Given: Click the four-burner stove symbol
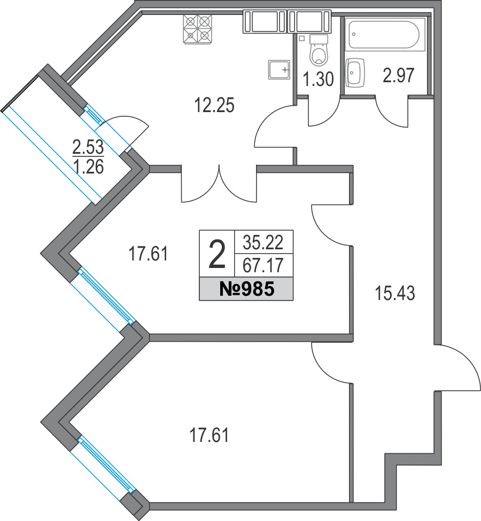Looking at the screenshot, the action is click(x=197, y=29).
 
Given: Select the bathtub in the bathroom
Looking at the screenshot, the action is click(x=385, y=35).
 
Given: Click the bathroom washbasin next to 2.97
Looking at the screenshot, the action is click(x=355, y=72).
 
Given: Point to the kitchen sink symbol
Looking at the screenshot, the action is click(x=280, y=69).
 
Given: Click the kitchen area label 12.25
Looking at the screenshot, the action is click(x=214, y=105).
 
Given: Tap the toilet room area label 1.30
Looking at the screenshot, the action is click(x=319, y=80).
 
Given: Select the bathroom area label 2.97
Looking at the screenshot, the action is click(x=399, y=75).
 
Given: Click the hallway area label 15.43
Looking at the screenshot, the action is click(x=395, y=294).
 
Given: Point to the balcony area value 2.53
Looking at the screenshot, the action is click(x=88, y=147).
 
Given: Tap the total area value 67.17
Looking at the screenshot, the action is click(x=263, y=265).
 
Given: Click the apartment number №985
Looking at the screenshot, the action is click(x=246, y=289).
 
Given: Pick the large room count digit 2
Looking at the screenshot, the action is click(x=217, y=254).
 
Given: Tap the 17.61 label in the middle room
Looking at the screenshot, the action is click(x=148, y=254).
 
